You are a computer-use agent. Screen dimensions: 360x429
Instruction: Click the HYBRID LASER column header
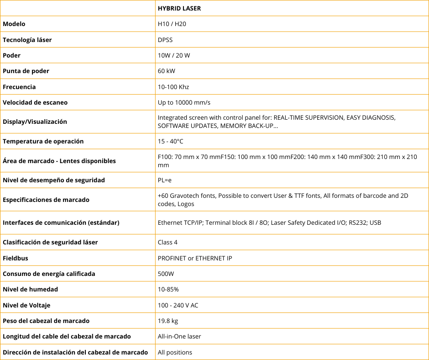[179, 8]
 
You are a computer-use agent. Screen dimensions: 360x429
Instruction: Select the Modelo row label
[14, 24]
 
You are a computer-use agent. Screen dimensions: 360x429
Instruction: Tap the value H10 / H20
[172, 24]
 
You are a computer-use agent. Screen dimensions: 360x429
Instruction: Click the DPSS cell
[165, 40]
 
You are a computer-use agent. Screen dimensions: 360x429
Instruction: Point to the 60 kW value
[167, 71]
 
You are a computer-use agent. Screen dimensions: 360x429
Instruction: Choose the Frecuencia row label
[19, 87]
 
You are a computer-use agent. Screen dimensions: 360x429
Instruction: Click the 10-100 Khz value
[173, 87]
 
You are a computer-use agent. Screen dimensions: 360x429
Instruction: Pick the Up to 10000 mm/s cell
[184, 102]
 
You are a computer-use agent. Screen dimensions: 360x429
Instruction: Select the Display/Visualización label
[35, 122]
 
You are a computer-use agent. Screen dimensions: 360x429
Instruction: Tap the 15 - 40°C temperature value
[171, 141]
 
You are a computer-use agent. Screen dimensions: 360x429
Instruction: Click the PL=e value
[165, 180]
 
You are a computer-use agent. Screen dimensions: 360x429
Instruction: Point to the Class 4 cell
[167, 242]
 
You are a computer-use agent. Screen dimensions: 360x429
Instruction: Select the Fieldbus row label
[16, 258]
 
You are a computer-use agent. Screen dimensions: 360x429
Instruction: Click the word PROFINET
[172, 258]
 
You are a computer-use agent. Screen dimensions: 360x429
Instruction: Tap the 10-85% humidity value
[168, 289]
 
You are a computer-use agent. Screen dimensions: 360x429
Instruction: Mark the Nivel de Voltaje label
[26, 305]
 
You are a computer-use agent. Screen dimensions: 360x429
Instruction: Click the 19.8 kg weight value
[168, 321]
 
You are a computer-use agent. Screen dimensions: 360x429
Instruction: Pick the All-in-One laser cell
[179, 336]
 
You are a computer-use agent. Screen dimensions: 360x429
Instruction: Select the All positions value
[175, 352]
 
